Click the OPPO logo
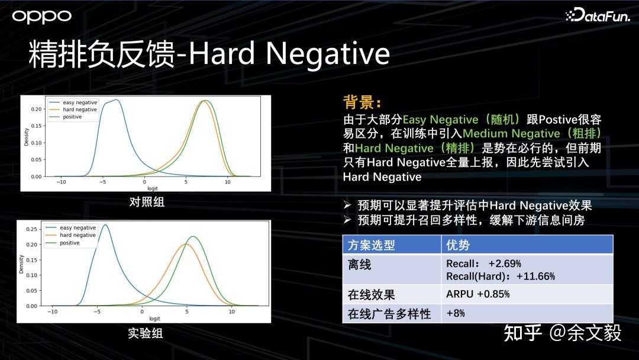(x=41, y=17)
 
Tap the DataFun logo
(x=598, y=15)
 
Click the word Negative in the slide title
(x=328, y=53)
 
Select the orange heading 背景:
(x=362, y=102)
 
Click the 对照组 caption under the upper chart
(x=147, y=202)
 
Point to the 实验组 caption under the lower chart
(x=146, y=333)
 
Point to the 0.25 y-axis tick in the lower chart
(x=31, y=229)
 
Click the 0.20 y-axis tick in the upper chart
(x=36, y=110)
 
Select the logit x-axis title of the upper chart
(x=153, y=188)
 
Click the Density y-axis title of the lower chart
(x=21, y=264)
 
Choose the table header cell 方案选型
(x=371, y=245)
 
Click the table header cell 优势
(x=458, y=245)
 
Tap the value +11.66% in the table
(x=535, y=277)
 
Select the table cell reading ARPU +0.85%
(x=478, y=294)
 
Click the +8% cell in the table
(x=456, y=313)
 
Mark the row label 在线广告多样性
(x=389, y=314)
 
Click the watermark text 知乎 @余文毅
(x=563, y=333)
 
